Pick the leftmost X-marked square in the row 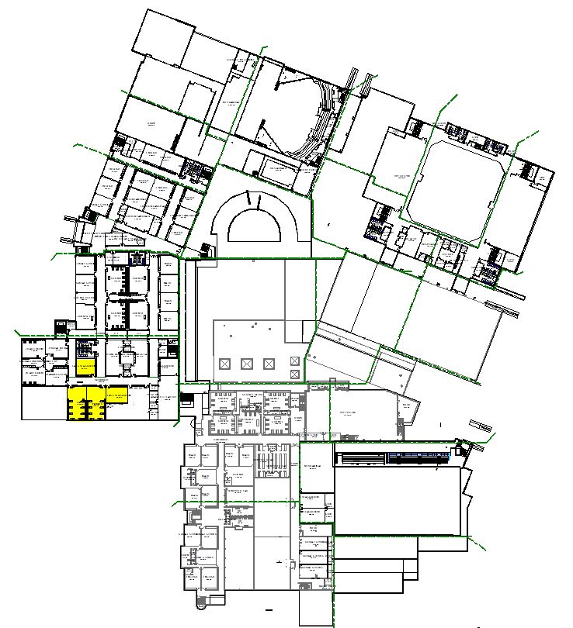tap(225, 364)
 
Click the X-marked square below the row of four tap(294, 375)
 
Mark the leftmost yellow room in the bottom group tap(76, 404)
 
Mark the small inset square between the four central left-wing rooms tap(125, 297)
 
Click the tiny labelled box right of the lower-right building tap(481, 426)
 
